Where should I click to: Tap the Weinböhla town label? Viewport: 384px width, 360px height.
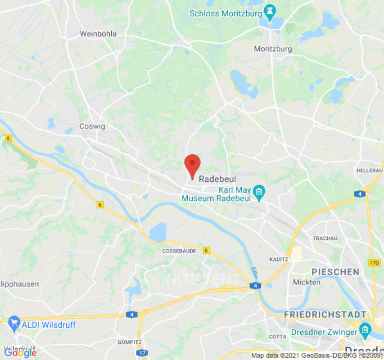[98, 34]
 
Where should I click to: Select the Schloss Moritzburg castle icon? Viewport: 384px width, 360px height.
[270, 13]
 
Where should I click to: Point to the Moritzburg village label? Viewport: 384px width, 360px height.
[273, 49]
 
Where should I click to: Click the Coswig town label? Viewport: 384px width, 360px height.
[92, 126]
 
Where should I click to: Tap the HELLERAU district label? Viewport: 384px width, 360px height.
[369, 171]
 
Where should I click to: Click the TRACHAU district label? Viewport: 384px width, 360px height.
[325, 238]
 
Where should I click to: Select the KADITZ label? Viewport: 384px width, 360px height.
[279, 260]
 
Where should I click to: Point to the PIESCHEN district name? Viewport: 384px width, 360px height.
[335, 272]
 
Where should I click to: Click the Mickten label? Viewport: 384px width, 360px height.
[307, 282]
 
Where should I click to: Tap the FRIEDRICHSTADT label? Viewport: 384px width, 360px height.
[325, 314]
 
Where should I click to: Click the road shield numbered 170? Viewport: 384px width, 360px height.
[373, 263]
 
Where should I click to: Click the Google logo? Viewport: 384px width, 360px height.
[20, 353]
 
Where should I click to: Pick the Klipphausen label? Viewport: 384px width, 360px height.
[20, 284]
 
